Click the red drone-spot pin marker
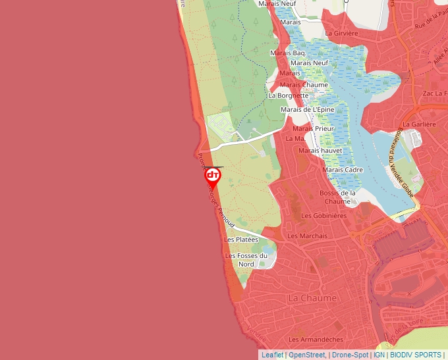213,176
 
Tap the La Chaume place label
312,298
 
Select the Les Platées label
242,240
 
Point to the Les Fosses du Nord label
246,260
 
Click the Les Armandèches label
316,340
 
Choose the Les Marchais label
308,236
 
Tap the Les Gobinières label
323,215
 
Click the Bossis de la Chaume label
337,197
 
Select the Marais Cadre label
343,170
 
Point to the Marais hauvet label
320,151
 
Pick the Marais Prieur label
316,128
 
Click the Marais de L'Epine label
307,109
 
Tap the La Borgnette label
288,95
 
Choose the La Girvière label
341,33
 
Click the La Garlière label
420,124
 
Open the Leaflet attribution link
272,355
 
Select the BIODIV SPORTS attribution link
416,355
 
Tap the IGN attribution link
379,355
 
